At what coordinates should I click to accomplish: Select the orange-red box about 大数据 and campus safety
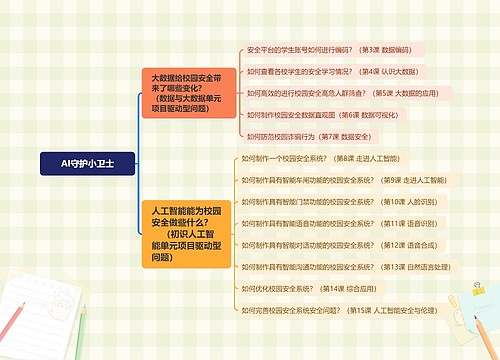click(x=188, y=94)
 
